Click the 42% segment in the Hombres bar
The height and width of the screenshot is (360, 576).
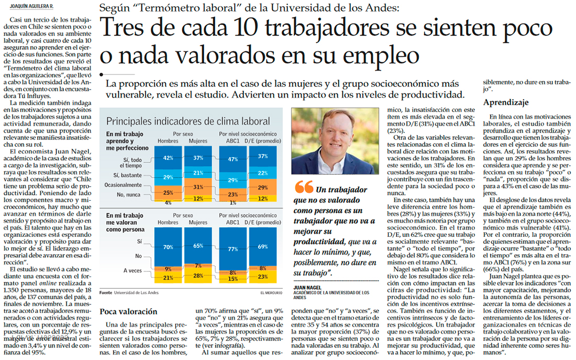pyautogui.click(x=168, y=158)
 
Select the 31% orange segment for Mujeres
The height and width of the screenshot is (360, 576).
pyautogui.click(x=198, y=187)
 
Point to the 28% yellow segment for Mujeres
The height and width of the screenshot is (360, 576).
pyautogui.click(x=198, y=276)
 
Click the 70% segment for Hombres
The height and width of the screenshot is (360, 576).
pyautogui.click(x=168, y=246)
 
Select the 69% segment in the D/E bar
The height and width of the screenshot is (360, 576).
pyautogui.click(x=263, y=246)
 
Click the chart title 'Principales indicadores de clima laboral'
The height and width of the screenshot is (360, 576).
pyautogui.click(x=188, y=121)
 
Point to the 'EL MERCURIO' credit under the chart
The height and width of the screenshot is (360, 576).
pyautogui.click(x=272, y=292)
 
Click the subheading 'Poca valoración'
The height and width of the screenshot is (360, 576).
pyautogui.click(x=128, y=311)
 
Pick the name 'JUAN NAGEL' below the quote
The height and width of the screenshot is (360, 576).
pyautogui.click(x=307, y=287)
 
